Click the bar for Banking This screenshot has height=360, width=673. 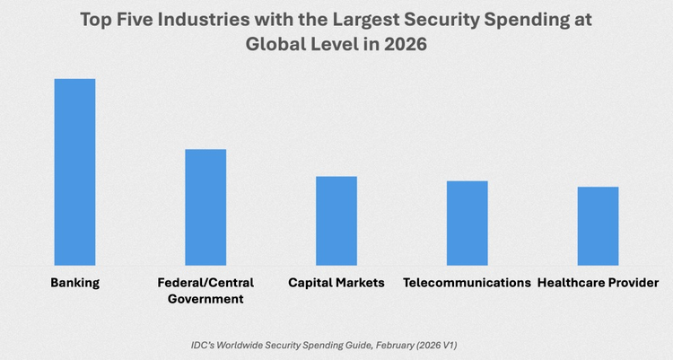click(74, 171)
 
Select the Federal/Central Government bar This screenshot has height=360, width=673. click(205, 206)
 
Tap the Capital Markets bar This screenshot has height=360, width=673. click(336, 220)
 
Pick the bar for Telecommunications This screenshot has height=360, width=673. click(468, 223)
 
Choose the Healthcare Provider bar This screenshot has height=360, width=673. click(598, 225)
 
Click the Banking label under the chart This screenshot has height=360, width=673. click(74, 283)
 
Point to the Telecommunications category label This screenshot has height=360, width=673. click(467, 283)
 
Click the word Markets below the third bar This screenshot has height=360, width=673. click(361, 283)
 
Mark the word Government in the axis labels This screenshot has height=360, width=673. click(205, 300)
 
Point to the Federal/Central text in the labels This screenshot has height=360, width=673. click(205, 283)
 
